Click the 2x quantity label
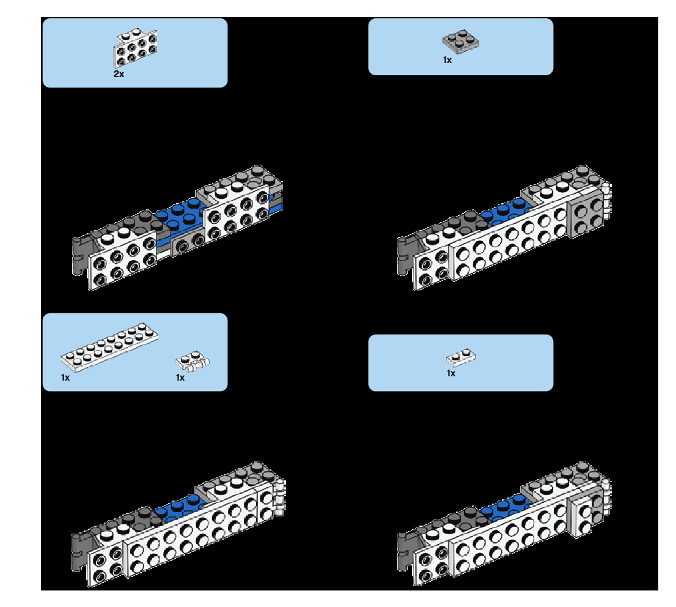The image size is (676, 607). tap(119, 74)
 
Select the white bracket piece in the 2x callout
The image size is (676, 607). tap(135, 47)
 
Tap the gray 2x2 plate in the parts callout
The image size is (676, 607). tap(460, 41)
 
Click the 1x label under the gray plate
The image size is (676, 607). tap(447, 60)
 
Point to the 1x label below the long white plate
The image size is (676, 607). tap(65, 378)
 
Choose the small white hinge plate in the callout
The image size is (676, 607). tap(193, 362)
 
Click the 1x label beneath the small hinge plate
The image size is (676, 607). tap(180, 378)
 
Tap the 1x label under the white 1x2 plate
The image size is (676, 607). tap(451, 373)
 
